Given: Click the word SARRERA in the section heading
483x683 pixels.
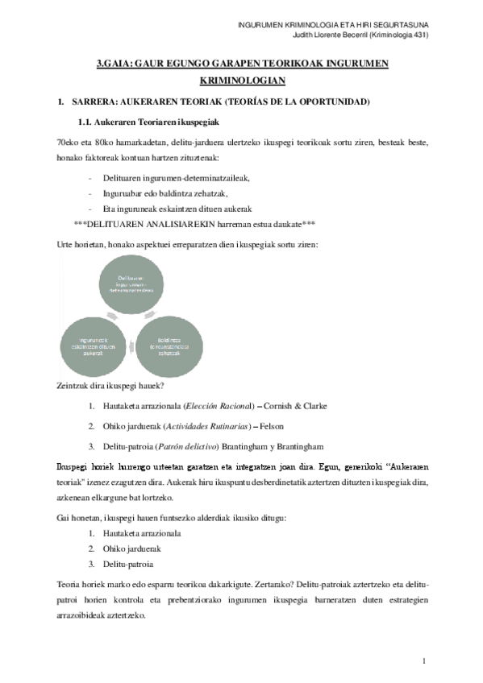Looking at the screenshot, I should tap(95, 102).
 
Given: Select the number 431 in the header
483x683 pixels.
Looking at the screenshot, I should tap(415, 35).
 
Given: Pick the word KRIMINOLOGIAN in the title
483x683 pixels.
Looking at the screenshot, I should tap(241, 82).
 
